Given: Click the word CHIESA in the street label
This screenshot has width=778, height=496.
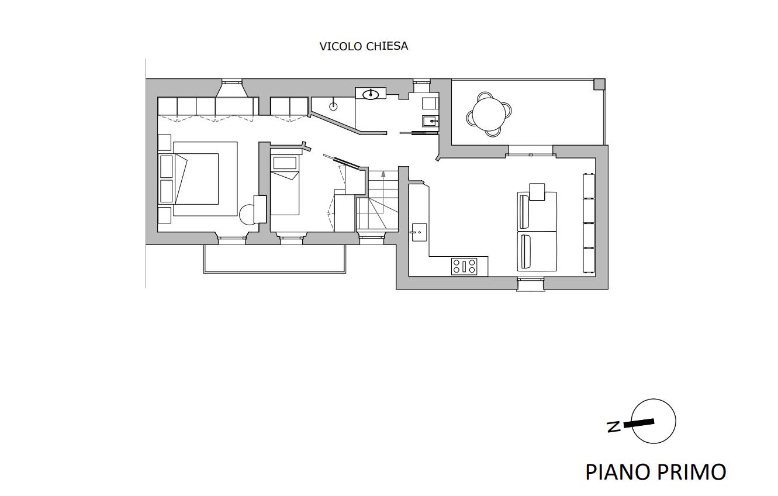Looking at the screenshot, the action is point(386,46).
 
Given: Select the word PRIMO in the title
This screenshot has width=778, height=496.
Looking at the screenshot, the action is point(691,472).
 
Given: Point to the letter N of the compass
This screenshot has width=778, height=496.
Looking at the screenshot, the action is point(614,426).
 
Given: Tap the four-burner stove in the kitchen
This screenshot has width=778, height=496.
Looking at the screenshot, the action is point(464,266).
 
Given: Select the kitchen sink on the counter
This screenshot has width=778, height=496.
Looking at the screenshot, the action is point(419,232).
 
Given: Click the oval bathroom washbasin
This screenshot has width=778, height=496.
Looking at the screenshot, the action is point(371,94).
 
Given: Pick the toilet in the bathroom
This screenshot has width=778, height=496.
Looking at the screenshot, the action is point(430,103).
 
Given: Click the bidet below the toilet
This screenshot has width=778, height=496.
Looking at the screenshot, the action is point(430,121).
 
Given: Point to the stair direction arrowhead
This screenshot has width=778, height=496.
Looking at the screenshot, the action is point(383,174).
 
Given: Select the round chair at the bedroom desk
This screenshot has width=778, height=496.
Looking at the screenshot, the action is point(247,215).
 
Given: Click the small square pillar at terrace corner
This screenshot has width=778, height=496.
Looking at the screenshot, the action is point(599,84).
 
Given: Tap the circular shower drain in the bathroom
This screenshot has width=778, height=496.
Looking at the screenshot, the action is point(333,106).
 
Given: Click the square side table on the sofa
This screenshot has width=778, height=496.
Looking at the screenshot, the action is point(537,192).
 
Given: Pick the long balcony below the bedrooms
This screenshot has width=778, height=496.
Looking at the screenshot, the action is point(274,259).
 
